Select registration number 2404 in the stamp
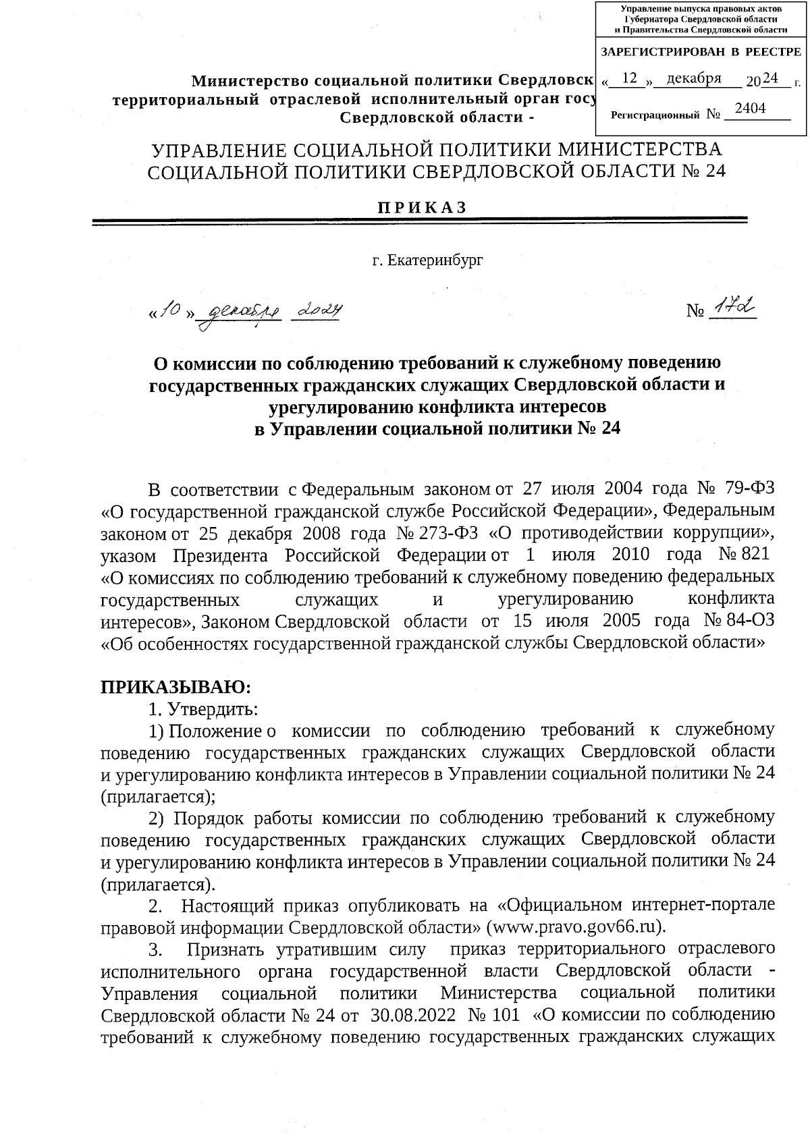point(750,109)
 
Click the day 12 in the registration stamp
point(630,78)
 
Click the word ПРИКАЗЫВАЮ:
point(176,688)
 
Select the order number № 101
point(493,1015)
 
